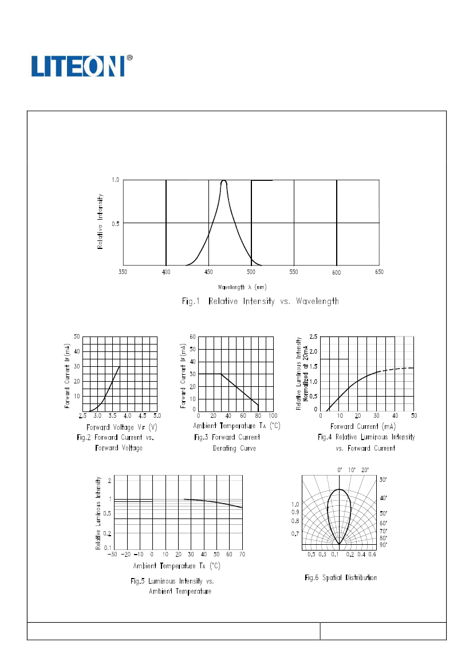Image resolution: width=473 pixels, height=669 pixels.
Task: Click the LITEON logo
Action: coord(77,66)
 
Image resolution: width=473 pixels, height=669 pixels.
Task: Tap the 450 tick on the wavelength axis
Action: coord(208,272)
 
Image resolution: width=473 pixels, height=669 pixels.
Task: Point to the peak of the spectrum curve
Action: coord(223,181)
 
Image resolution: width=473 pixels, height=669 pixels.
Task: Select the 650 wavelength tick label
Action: coord(379,272)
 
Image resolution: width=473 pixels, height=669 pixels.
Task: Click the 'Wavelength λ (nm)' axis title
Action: coord(242,287)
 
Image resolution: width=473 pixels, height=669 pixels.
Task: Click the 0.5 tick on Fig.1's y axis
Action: coord(115,223)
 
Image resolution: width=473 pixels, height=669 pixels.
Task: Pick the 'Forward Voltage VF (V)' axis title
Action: coord(121,427)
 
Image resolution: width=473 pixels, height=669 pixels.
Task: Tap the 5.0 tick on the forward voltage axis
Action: coord(157,415)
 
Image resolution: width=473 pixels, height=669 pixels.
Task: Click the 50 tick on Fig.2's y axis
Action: coord(77,337)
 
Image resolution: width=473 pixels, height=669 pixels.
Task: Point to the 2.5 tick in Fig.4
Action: coord(313,337)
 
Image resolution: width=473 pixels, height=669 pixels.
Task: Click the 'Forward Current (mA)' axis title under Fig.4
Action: coord(363,426)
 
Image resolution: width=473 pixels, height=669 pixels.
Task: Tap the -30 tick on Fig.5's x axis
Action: coord(113,555)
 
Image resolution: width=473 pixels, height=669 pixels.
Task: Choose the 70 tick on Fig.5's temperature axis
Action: coord(242,555)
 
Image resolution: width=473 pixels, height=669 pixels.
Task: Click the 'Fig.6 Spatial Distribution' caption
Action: coord(341,577)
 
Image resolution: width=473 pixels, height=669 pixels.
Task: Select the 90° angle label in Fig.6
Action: coord(383,545)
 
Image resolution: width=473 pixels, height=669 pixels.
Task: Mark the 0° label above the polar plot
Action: coord(340,469)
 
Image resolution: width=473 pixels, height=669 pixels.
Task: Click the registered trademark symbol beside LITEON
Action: coord(129,58)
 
